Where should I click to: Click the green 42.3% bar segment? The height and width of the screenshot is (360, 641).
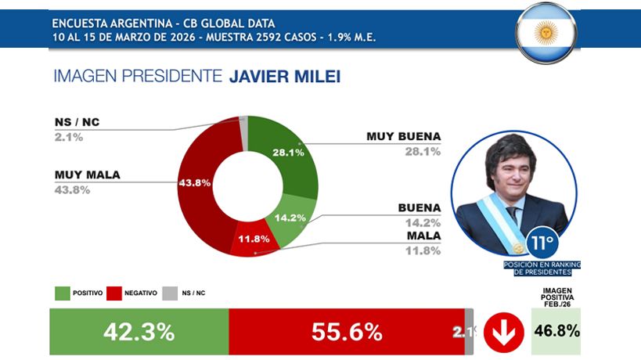pyautogui.click(x=139, y=331)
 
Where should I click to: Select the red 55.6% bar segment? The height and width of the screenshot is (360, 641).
pyautogui.click(x=346, y=331)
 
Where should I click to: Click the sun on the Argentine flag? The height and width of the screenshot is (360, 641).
pyautogui.click(x=546, y=32)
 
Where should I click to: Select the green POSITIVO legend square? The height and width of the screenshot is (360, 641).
pyautogui.click(x=63, y=293)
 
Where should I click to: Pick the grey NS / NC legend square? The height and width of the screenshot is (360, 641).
pyautogui.click(x=169, y=293)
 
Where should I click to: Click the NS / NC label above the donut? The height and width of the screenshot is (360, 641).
pyautogui.click(x=77, y=123)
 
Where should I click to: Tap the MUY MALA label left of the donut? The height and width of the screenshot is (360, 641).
pyautogui.click(x=87, y=175)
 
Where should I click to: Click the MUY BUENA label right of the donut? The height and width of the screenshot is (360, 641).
pyautogui.click(x=403, y=136)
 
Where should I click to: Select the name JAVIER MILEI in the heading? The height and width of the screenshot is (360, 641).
pyautogui.click(x=285, y=76)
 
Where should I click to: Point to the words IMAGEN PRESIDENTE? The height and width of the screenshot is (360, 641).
pyautogui.click(x=137, y=76)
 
